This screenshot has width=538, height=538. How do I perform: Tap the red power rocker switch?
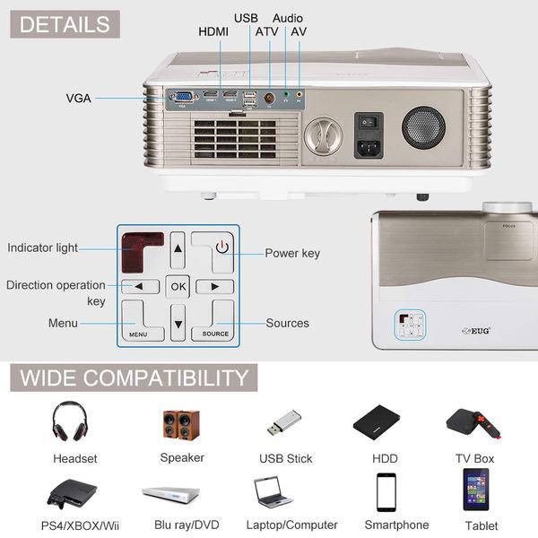point(368,120)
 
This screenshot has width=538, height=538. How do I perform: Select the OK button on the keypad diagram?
point(178,287)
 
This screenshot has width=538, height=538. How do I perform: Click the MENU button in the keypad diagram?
point(139,321)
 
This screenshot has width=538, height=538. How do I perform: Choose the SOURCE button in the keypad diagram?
point(215,321)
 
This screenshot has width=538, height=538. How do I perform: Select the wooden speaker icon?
point(182,422)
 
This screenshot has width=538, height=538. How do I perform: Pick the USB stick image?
point(284,422)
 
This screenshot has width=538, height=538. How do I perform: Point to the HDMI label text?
point(213,32)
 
